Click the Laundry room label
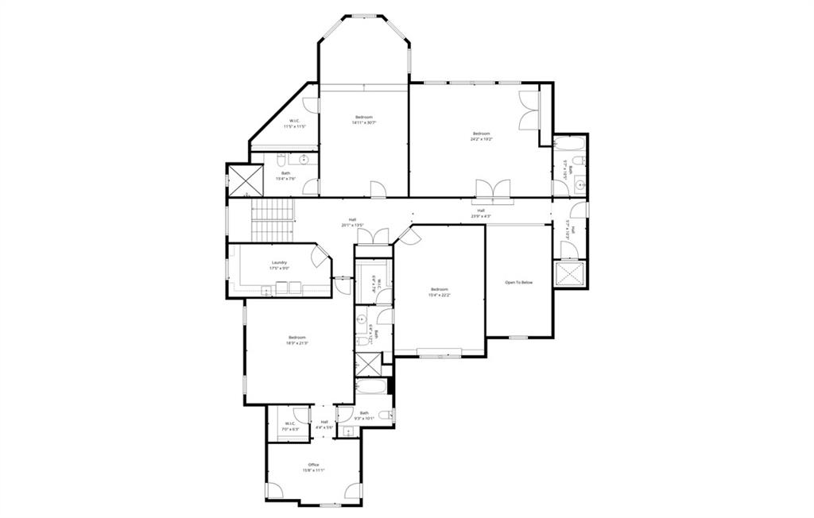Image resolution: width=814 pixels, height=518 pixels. pyautogui.click(x=279, y=263)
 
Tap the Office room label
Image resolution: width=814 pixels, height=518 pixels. pyautogui.click(x=313, y=465)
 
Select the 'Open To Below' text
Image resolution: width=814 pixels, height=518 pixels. pyautogui.click(x=519, y=282)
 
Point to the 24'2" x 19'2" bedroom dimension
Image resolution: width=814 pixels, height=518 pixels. pyautogui.click(x=482, y=139)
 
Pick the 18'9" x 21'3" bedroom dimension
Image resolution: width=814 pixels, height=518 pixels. pyautogui.click(x=297, y=343)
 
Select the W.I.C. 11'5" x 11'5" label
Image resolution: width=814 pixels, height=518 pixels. pyautogui.click(x=295, y=124)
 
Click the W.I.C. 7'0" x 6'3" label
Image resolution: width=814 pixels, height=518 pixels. pyautogui.click(x=290, y=426)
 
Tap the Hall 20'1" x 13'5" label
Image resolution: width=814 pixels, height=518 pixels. pyautogui.click(x=352, y=222)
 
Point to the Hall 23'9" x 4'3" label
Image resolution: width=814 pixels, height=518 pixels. pyautogui.click(x=481, y=213)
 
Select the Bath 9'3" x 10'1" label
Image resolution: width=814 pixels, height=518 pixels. pyautogui.click(x=364, y=416)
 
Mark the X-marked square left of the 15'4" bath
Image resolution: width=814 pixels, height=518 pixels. pyautogui.click(x=239, y=180)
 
